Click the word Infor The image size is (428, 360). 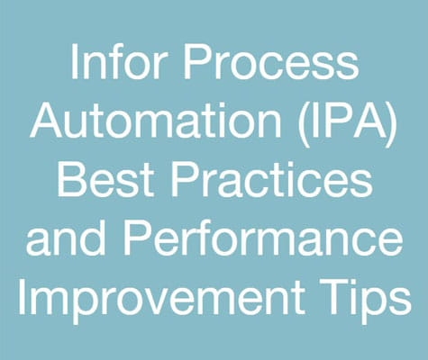[117, 61]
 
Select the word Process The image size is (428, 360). [271, 62]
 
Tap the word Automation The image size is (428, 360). [156, 120]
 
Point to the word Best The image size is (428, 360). [105, 178]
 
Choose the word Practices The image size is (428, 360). [272, 178]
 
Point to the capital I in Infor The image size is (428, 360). [74, 62]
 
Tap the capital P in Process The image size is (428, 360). [197, 62]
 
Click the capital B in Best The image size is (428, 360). [72, 178]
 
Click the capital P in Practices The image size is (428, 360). [186, 178]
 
